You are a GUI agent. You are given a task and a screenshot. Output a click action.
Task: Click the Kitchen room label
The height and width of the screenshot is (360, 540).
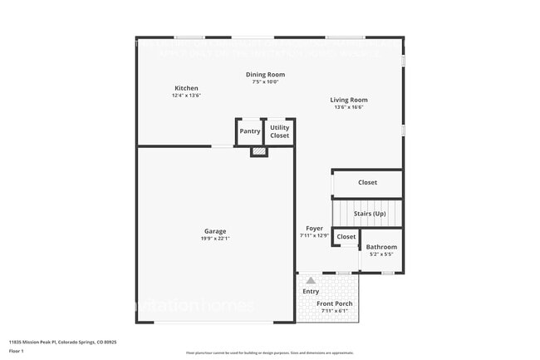(186, 88)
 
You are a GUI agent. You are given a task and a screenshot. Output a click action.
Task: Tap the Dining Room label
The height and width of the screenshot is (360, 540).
(265, 75)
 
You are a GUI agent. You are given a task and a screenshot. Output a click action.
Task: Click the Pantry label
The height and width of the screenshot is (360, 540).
(250, 131)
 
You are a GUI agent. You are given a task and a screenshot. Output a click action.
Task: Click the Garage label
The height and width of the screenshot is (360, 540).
(215, 231)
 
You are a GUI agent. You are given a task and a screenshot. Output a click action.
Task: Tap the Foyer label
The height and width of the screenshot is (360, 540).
(314, 228)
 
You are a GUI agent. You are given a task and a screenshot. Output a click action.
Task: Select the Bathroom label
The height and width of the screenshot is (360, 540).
(381, 247)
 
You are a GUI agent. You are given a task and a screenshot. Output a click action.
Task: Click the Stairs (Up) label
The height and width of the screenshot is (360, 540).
(371, 214)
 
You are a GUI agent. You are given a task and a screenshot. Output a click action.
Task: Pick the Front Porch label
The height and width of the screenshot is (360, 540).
(335, 303)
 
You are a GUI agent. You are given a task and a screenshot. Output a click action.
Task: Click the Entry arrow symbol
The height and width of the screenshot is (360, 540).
(311, 281)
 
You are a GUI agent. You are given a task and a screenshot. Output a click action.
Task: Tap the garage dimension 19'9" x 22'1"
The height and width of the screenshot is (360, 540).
(215, 239)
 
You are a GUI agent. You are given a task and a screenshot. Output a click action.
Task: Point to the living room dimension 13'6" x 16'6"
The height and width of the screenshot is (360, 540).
(349, 106)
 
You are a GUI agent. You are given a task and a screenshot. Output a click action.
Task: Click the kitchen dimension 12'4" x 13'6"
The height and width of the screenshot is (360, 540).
(186, 96)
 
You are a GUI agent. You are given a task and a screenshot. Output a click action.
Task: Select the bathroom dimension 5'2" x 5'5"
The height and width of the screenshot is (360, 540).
(381, 254)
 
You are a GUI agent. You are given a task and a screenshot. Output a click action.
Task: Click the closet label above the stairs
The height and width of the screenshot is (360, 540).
(367, 182)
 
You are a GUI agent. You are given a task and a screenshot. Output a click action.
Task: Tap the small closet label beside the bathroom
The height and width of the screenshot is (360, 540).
(346, 237)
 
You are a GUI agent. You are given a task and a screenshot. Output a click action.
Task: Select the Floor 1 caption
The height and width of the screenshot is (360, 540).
(17, 351)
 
